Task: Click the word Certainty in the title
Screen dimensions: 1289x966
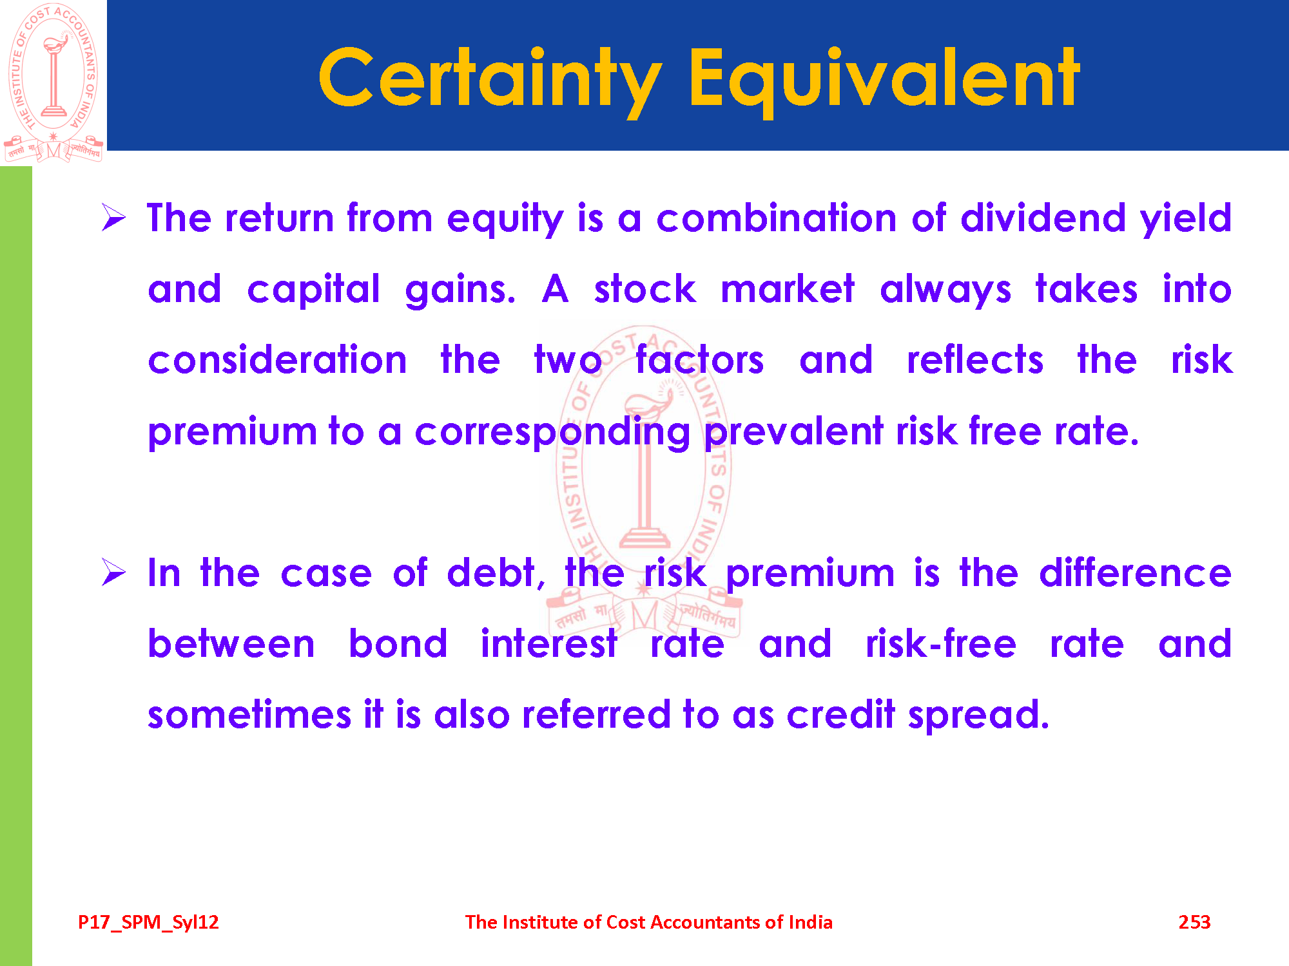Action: pyautogui.click(x=490, y=79)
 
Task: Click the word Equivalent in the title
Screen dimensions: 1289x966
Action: pyautogui.click(x=884, y=79)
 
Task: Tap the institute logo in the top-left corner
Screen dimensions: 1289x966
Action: pyautogui.click(x=53, y=82)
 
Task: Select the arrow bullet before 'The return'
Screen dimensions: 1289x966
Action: pyautogui.click(x=113, y=217)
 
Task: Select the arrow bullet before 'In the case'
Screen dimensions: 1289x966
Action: pyautogui.click(x=113, y=572)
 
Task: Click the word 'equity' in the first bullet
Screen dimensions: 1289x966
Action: pyautogui.click(x=505, y=219)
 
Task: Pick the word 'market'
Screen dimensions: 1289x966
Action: pyautogui.click(x=788, y=289)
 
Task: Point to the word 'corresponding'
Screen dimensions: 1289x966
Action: pyautogui.click(x=552, y=432)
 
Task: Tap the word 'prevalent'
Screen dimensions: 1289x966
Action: pyautogui.click(x=793, y=432)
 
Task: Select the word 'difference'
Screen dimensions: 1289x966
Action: pyautogui.click(x=1135, y=573)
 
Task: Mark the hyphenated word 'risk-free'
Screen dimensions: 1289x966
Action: pyautogui.click(x=941, y=643)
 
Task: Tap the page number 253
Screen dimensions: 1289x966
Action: pyautogui.click(x=1194, y=922)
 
